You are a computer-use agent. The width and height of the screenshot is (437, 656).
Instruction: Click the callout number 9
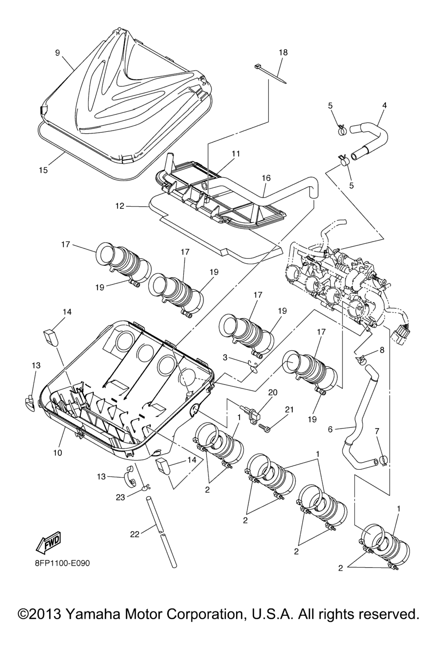[x=58, y=53]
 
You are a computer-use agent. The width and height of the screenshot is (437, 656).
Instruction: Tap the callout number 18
[x=283, y=53]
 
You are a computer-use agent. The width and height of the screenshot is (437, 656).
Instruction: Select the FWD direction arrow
[x=48, y=541]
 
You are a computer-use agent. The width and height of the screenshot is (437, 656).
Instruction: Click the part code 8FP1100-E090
[x=62, y=563]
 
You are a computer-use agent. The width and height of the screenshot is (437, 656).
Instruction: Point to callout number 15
[x=43, y=170]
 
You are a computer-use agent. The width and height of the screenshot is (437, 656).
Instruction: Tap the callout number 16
[x=266, y=178]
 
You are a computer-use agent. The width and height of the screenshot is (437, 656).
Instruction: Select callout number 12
[x=119, y=206]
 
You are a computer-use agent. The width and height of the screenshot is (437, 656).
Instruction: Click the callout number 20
[x=273, y=392]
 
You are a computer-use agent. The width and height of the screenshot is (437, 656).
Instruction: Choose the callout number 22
[x=135, y=534]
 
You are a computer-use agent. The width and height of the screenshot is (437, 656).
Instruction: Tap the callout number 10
[x=58, y=452]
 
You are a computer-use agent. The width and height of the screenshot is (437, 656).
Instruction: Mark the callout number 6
[x=330, y=430]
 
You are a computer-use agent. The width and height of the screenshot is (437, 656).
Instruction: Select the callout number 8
[x=382, y=350]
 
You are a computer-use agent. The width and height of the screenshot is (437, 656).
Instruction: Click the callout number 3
[x=224, y=357]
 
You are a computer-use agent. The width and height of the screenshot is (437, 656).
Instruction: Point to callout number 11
[x=236, y=153]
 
